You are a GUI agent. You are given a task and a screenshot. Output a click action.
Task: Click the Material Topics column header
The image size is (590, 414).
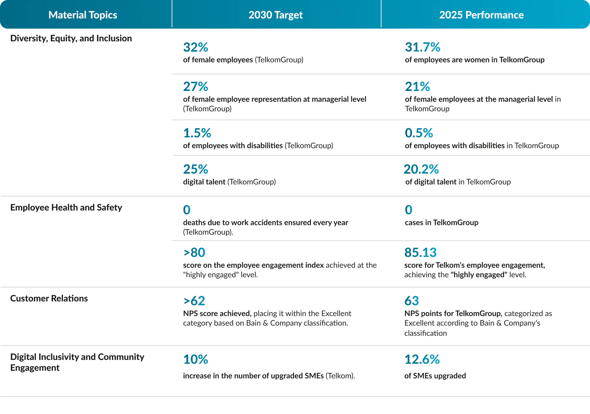(83, 15)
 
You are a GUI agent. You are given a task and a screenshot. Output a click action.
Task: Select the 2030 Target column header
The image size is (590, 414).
(276, 15)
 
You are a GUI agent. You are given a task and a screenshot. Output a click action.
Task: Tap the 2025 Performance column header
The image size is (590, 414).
(481, 15)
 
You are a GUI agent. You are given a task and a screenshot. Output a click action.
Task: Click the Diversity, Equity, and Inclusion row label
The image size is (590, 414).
(71, 38)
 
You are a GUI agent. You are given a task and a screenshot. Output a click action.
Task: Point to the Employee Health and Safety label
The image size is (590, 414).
(66, 208)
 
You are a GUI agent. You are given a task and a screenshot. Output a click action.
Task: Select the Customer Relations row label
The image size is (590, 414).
(49, 298)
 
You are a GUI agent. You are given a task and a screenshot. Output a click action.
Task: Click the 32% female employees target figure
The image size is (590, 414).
(196, 47)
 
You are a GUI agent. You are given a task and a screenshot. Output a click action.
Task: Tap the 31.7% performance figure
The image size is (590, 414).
(422, 47)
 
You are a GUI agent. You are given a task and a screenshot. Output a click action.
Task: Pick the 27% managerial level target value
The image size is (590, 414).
(196, 86)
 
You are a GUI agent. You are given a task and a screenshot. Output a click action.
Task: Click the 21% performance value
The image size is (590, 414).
(417, 86)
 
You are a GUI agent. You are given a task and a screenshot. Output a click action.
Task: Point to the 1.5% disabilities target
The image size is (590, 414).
(197, 133)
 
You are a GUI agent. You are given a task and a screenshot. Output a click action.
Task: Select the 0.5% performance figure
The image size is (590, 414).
(419, 133)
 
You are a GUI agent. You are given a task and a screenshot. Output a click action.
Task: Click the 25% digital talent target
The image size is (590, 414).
(196, 169)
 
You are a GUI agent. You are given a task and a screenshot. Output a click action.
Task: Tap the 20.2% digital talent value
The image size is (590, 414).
(421, 169)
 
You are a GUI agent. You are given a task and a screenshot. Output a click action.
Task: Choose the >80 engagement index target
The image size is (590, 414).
(194, 253)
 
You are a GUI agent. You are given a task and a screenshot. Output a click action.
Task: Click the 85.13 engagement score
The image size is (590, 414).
(421, 253)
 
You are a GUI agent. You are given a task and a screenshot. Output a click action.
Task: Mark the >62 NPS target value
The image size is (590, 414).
(194, 301)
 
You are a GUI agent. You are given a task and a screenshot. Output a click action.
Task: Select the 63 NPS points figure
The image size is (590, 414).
(412, 301)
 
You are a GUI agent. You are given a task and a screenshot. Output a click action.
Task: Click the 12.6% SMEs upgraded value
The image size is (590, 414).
(422, 360)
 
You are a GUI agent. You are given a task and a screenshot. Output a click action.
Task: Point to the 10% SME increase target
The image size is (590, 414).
(196, 360)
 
